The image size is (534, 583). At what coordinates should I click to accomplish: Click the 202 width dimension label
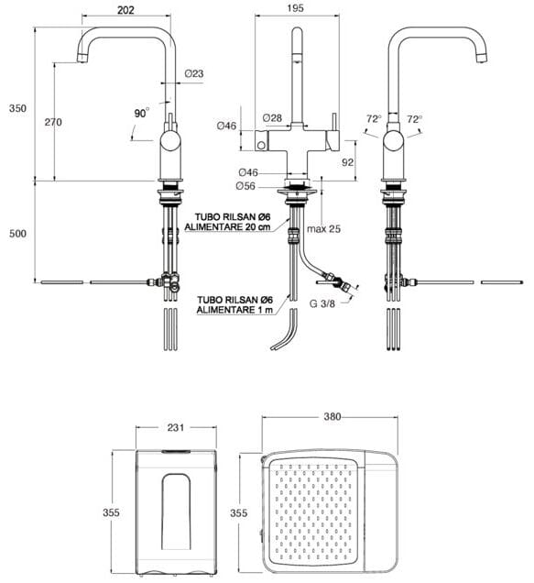tap(125, 10)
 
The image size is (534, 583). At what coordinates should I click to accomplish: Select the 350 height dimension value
tap(17, 108)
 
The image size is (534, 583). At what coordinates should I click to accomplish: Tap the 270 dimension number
tap(53, 122)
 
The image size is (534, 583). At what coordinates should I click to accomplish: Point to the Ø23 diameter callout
tap(194, 73)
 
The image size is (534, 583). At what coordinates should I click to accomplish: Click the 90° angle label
tap(142, 113)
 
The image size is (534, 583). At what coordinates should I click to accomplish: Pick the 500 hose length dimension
tap(17, 234)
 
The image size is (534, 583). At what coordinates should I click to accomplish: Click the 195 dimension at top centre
tap(296, 8)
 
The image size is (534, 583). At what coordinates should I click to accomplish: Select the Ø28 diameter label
tap(272, 118)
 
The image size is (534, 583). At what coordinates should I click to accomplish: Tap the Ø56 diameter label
tap(245, 185)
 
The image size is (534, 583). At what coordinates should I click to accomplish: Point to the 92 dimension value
tap(347, 162)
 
